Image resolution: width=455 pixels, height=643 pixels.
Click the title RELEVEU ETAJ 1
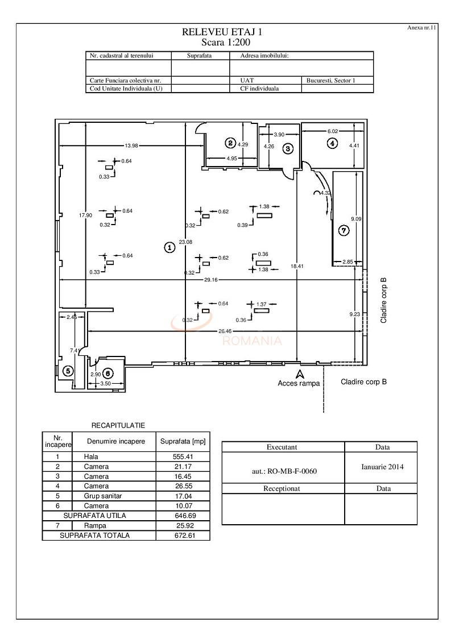(222, 33)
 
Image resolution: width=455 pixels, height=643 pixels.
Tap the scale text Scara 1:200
(226, 42)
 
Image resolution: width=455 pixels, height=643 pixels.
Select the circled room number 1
(169, 247)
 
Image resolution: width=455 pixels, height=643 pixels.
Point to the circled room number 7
(343, 231)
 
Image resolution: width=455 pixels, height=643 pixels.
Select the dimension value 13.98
(131, 143)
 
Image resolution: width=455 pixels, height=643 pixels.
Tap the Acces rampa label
(299, 383)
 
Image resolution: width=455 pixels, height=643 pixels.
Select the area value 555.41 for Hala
(183, 457)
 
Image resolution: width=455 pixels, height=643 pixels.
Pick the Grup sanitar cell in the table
(103, 496)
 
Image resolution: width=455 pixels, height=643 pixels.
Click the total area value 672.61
(183, 536)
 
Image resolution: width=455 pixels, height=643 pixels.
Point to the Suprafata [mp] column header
(183, 441)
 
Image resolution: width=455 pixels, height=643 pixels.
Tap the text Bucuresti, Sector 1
(330, 81)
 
